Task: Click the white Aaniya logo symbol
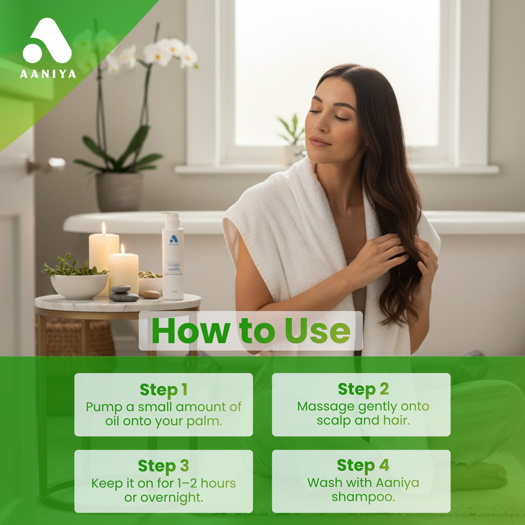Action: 47,42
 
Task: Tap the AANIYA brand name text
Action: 48,74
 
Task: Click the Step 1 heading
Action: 163,390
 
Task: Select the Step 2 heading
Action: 363,389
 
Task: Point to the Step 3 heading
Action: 163,466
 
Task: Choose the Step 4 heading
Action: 363,465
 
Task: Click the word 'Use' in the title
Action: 317,331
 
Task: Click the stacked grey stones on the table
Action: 124,294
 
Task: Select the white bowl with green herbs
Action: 79,284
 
